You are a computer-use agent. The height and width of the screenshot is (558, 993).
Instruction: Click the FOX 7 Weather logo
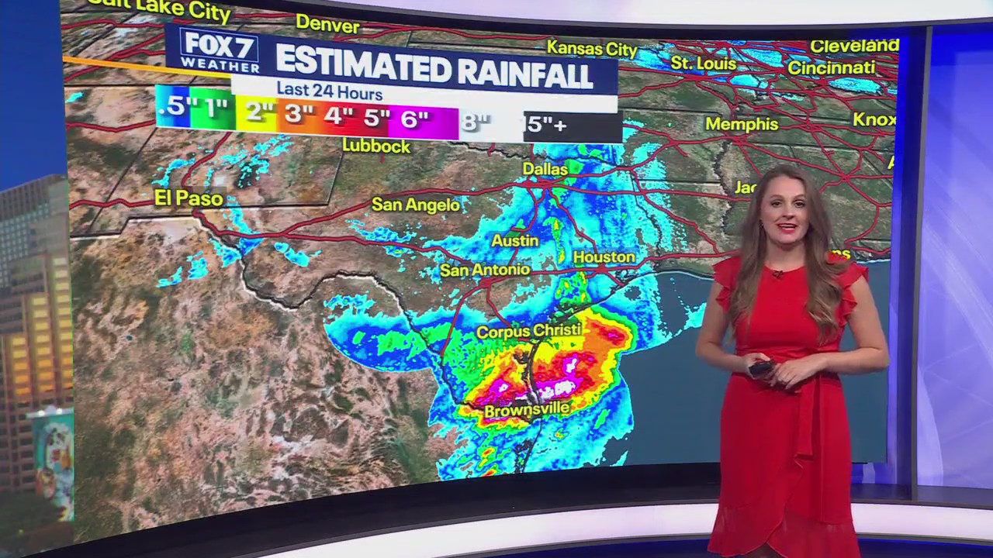click(219, 51)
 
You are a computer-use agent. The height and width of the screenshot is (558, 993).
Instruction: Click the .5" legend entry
click(173, 106)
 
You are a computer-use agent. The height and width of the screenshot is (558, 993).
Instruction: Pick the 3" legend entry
click(297, 115)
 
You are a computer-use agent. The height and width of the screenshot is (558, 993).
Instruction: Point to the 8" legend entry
click(476, 122)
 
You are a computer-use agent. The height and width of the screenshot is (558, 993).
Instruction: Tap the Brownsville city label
click(526, 409)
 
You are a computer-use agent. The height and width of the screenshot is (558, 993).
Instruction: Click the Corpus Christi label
click(528, 331)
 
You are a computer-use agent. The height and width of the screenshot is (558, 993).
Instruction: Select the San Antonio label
click(485, 270)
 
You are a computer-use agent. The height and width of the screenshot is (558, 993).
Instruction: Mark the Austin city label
click(515, 240)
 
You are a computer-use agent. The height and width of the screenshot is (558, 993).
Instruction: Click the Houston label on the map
click(604, 257)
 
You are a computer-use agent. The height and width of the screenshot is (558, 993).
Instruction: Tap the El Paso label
click(189, 198)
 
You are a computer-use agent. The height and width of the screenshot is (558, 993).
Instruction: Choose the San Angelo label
click(416, 205)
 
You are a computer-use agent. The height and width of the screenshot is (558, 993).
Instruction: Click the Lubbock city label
click(376, 146)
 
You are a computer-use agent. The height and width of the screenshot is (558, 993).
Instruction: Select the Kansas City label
click(592, 48)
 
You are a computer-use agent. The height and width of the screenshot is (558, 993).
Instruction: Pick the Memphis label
click(742, 124)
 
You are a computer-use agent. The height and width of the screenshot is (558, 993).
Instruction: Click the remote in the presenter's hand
click(760, 369)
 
